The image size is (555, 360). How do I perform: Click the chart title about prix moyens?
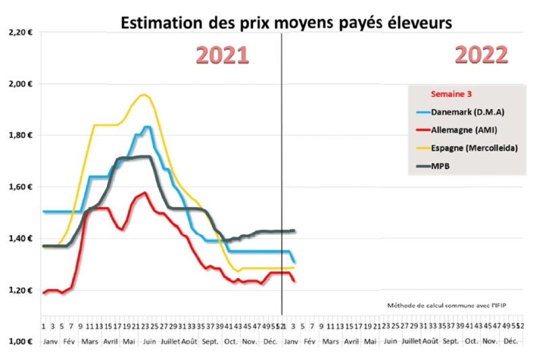[286, 23]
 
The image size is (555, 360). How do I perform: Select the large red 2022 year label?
[481, 55]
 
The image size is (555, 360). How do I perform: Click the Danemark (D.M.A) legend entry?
[466, 112]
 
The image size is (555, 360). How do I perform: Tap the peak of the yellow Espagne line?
[143, 95]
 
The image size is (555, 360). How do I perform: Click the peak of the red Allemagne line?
[145, 193]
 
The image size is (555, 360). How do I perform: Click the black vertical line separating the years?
[282, 169]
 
